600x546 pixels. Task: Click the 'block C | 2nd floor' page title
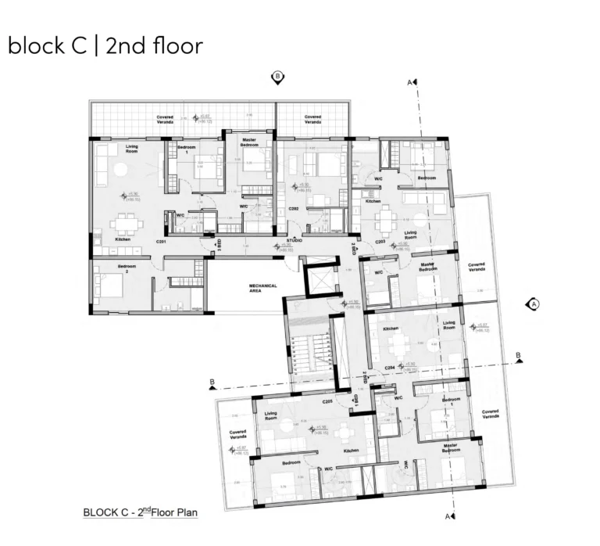(105, 45)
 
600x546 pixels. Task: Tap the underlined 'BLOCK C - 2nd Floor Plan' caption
(141, 513)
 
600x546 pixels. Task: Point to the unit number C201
(162, 242)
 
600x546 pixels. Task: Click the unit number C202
(294, 210)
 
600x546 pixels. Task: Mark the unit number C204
(390, 368)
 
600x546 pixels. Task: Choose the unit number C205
(328, 401)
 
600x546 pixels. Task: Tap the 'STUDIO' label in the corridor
(294, 242)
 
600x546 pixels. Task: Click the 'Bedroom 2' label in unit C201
(127, 268)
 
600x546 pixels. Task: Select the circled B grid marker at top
(277, 77)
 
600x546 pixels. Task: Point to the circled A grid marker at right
(534, 304)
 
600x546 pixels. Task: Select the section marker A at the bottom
(451, 516)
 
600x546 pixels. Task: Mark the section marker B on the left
(211, 383)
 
